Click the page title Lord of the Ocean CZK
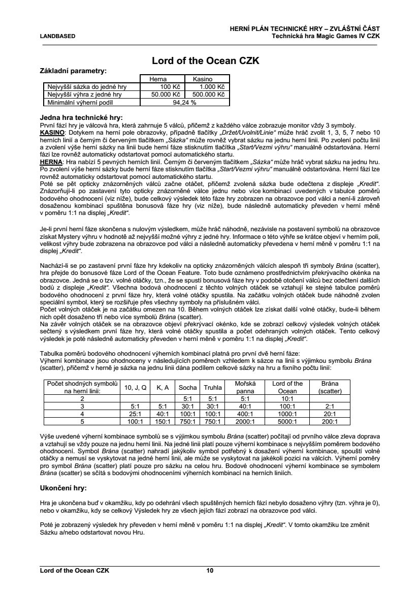coord(206,61)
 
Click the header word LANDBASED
coord(58,36)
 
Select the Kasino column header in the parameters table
coord(203,79)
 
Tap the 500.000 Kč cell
coord(208,94)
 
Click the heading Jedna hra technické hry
coord(81,117)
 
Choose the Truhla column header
coord(213,387)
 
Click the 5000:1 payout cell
coord(287,421)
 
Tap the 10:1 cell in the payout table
coord(287,399)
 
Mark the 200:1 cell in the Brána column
coord(330,421)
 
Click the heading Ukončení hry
coord(63,488)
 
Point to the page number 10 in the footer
coord(210,571)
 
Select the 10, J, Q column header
coord(136,387)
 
